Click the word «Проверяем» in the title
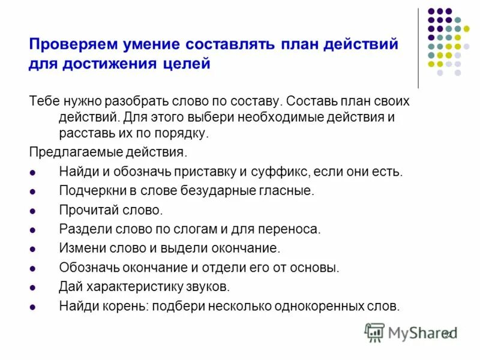click(71, 44)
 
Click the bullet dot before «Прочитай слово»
click(33, 211)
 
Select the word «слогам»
click(199, 229)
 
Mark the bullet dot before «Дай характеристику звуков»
click(33, 287)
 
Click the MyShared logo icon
click(374, 332)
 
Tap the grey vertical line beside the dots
click(418, 48)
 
